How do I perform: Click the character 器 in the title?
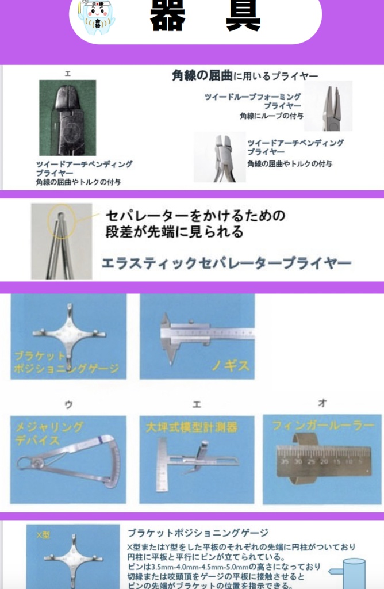[167, 16]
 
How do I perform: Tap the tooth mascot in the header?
[96, 17]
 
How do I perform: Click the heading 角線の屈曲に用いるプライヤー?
[245, 75]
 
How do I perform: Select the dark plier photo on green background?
[67, 118]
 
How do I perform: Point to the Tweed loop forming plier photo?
[328, 106]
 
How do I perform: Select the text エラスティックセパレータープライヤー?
[226, 263]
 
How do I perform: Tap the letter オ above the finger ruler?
[322, 404]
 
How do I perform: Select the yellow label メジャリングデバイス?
[48, 433]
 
